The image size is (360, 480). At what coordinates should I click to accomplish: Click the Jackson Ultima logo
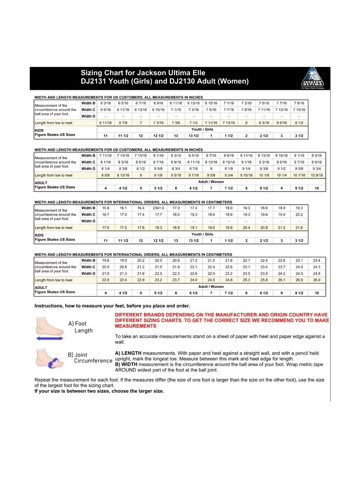click(312, 77)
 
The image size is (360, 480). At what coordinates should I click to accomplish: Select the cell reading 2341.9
click(158, 208)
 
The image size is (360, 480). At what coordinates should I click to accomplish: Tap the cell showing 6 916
click(158, 103)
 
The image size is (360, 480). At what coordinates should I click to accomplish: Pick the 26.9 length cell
click(317, 280)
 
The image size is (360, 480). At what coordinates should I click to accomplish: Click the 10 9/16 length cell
click(317, 175)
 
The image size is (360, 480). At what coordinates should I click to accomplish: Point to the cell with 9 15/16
click(246, 175)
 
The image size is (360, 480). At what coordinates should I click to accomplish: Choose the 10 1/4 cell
click(282, 175)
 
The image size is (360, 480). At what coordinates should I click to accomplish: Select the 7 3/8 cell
click(176, 123)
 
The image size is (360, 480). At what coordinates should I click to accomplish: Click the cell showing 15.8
click(106, 208)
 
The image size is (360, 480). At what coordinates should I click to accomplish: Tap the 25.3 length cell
click(246, 280)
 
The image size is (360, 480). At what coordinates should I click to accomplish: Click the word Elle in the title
click(199, 73)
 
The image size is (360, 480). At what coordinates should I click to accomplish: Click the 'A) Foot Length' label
click(80, 327)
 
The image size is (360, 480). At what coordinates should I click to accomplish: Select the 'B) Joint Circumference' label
click(90, 358)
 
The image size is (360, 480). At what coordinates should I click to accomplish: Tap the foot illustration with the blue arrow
click(50, 329)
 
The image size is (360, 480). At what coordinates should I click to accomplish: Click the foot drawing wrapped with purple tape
click(49, 359)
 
